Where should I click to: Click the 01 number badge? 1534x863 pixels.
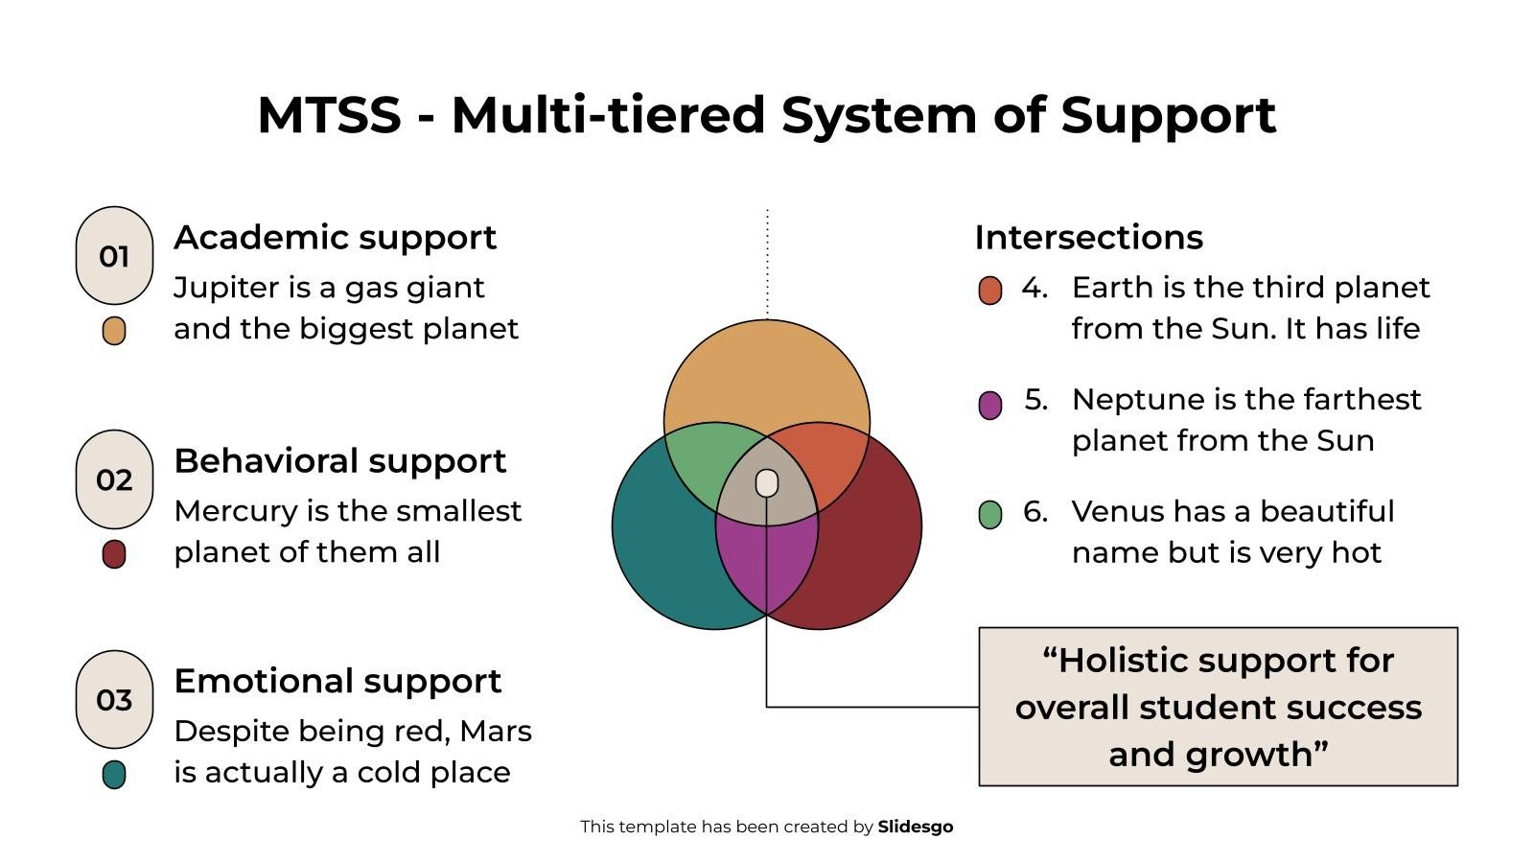click(x=114, y=256)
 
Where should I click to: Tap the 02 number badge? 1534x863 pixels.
click(x=114, y=479)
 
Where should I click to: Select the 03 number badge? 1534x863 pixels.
click(x=114, y=700)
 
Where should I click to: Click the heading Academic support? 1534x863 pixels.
click(x=335, y=237)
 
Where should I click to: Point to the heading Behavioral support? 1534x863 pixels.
click(x=339, y=460)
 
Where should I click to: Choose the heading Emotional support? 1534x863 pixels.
click(x=337, y=681)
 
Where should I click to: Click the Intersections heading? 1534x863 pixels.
click(x=1088, y=237)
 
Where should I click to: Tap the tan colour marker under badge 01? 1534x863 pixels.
click(x=114, y=331)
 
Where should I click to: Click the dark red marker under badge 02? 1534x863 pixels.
click(x=114, y=554)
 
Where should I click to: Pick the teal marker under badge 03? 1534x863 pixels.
click(x=114, y=774)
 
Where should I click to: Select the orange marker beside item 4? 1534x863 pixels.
click(x=990, y=290)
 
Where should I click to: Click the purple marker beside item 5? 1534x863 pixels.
click(x=990, y=405)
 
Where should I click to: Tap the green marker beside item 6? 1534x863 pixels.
click(x=990, y=515)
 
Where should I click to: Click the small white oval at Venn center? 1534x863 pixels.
click(x=767, y=482)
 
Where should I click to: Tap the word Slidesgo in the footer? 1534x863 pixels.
click(x=915, y=827)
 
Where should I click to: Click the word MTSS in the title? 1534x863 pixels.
click(x=329, y=115)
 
